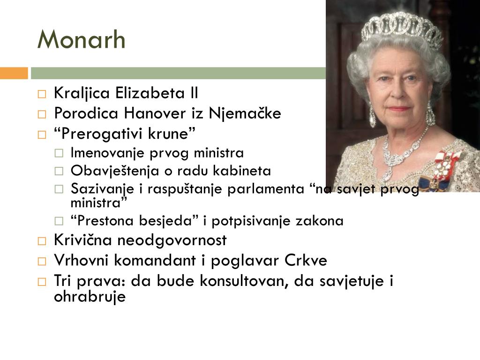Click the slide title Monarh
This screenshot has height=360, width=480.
click(82, 40)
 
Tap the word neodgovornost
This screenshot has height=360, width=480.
click(172, 240)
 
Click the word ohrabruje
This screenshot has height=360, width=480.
click(90, 297)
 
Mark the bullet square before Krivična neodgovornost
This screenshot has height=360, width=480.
click(42, 241)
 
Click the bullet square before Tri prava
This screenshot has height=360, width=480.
click(42, 282)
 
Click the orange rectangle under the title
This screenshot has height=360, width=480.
click(14, 73)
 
